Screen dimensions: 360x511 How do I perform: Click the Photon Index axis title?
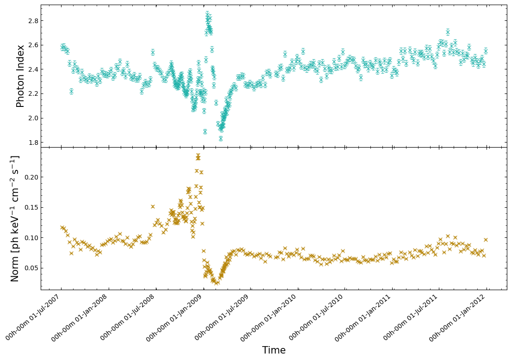click(x=20, y=76)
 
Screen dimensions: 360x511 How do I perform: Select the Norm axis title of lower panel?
click(x=15, y=218)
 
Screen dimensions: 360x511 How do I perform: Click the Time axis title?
click(x=274, y=350)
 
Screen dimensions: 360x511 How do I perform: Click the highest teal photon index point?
click(x=207, y=14)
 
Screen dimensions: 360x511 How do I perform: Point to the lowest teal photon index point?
click(x=221, y=138)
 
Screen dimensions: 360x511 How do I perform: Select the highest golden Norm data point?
click(x=198, y=156)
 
